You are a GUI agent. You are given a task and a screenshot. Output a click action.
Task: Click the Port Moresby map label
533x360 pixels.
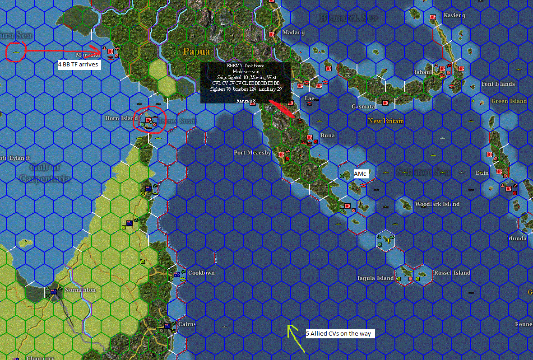point(252,153)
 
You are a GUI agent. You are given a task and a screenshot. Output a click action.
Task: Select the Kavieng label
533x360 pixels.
point(454,15)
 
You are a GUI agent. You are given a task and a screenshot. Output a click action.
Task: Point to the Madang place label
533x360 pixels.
point(293,33)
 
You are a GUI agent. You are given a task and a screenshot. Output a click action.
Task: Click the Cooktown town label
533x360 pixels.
point(201,273)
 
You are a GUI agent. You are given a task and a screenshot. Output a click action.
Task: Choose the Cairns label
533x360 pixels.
point(187,324)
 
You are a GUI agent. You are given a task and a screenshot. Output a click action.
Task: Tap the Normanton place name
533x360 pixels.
point(80,290)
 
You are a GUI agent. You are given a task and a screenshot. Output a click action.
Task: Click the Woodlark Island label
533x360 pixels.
point(437,204)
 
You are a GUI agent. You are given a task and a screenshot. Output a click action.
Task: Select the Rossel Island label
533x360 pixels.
point(452,273)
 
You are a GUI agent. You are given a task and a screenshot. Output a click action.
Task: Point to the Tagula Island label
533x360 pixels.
point(375,278)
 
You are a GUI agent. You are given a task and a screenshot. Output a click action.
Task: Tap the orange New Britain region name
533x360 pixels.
point(385,121)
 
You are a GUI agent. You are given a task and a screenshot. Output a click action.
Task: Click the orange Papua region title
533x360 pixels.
point(196,51)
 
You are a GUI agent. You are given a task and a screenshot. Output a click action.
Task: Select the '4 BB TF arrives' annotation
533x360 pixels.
point(78,65)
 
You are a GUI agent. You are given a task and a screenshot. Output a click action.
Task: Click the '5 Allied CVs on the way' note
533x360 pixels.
point(340,333)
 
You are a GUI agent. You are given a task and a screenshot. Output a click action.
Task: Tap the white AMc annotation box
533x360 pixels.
point(360,174)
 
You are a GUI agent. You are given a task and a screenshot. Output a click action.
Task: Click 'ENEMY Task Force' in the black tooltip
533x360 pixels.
point(246,66)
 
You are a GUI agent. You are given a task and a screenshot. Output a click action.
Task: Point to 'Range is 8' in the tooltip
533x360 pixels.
point(246,101)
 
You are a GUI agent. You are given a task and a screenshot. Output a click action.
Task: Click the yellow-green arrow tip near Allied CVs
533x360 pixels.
point(290,326)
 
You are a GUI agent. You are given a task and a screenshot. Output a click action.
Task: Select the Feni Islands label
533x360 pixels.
point(498,84)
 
